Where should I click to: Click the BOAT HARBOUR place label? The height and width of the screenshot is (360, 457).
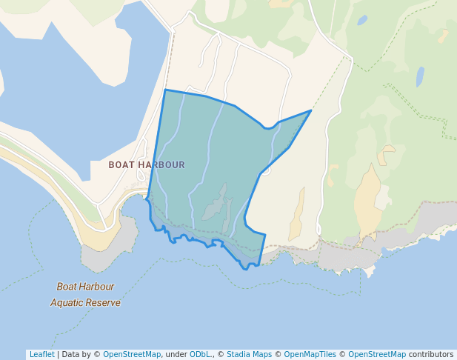coord(147,164)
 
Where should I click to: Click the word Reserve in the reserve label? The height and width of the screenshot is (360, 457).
coord(104,302)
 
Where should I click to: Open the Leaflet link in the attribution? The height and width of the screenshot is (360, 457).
coord(41,354)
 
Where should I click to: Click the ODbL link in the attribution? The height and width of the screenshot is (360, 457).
coord(201,354)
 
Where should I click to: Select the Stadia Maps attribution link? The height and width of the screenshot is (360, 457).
coord(249,354)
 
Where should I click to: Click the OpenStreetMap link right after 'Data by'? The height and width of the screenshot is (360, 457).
coord(132,354)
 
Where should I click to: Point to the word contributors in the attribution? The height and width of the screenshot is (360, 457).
coord(431,354)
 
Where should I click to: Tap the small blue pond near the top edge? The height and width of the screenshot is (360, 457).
coord(362,21)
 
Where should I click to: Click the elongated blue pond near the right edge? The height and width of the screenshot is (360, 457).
coord(420,76)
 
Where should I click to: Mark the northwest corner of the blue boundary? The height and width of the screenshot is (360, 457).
coord(164,90)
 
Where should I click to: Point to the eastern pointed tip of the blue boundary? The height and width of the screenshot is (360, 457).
coord(310,111)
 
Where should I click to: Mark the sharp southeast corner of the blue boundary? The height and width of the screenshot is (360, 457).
coord(264,235)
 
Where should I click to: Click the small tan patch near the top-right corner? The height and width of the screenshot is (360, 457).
coord(443,35)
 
